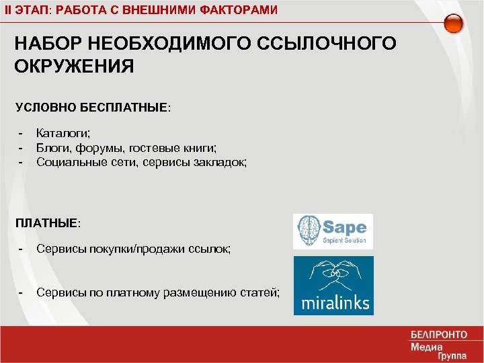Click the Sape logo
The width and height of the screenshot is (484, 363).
[333, 231]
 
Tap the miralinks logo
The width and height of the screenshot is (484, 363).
[333, 286]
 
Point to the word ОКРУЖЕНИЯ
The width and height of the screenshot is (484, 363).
[74, 67]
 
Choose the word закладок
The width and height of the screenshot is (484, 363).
[221, 161]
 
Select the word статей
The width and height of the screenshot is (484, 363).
[262, 292]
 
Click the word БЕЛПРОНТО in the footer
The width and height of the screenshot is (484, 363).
[438, 335]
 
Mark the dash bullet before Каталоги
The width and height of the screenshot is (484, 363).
[22, 133]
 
